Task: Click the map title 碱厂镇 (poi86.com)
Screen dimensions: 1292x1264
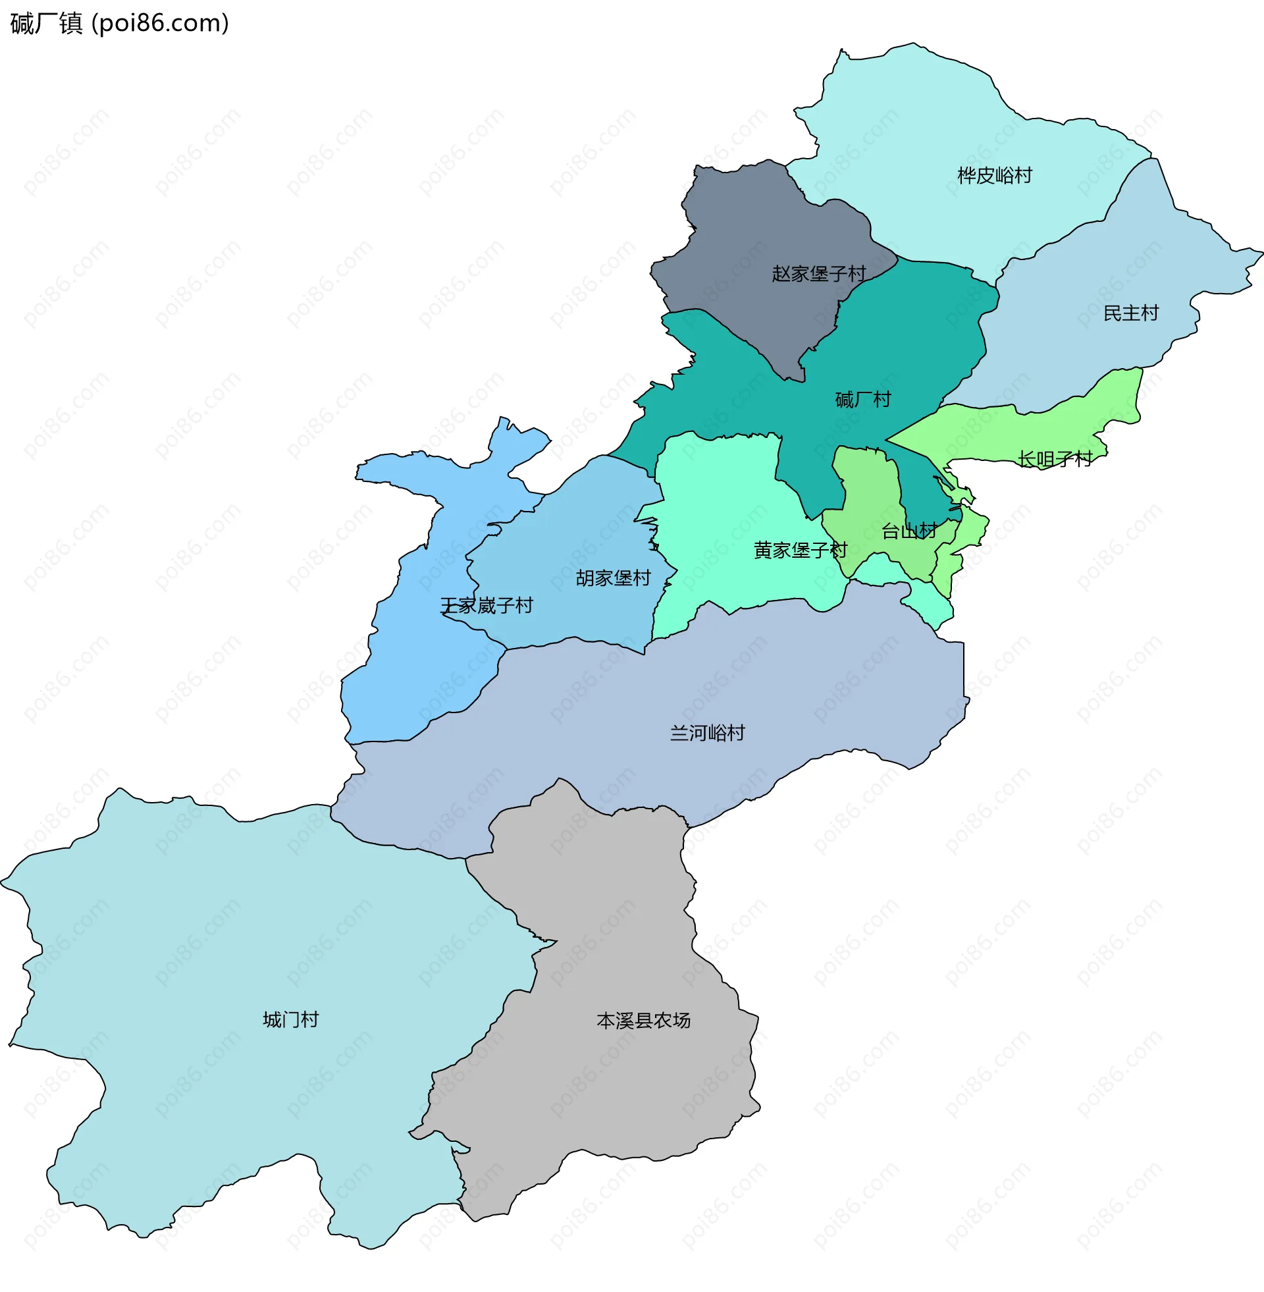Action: tap(120, 23)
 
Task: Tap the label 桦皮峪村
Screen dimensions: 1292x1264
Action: tap(995, 175)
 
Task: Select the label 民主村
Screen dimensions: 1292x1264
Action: tap(1130, 313)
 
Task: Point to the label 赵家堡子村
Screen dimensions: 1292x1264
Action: tap(818, 273)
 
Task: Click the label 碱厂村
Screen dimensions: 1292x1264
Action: tap(862, 399)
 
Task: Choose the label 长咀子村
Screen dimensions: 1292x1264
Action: tap(1055, 459)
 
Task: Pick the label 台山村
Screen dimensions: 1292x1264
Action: tap(909, 531)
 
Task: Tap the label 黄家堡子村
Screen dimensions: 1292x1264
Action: tap(800, 550)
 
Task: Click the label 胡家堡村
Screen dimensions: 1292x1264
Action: tap(613, 578)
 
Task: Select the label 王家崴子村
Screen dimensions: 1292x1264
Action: tap(487, 605)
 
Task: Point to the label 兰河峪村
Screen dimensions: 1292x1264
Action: tap(707, 732)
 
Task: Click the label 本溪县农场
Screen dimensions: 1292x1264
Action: tap(643, 1020)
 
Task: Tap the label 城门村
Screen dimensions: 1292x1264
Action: tap(291, 1019)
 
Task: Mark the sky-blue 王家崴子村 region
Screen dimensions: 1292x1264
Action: tap(411, 664)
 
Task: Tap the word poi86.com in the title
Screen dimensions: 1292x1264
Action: tap(159, 23)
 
